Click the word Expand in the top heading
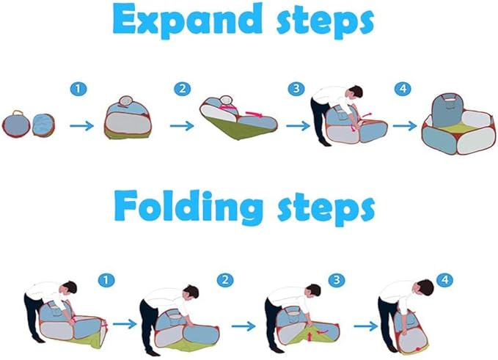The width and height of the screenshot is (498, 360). [x=187, y=20]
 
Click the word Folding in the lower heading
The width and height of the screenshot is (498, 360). [x=188, y=206]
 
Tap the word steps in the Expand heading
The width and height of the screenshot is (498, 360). [x=325, y=22]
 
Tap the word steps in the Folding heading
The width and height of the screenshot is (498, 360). [x=326, y=209]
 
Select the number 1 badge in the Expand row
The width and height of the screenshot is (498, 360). [x=78, y=89]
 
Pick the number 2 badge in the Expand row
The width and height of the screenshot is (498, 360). [x=183, y=89]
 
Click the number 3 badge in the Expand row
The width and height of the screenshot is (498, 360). [x=296, y=89]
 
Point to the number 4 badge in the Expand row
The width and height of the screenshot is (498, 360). [x=403, y=88]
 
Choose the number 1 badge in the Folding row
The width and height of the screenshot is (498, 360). [x=106, y=280]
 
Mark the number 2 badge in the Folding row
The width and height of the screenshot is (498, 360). [x=225, y=280]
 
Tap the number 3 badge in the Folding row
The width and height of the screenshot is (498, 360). [x=337, y=280]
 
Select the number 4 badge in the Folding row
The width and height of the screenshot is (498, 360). [x=445, y=280]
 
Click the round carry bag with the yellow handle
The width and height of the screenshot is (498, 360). [x=16, y=124]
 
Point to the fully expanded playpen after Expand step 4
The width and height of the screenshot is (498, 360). [x=458, y=125]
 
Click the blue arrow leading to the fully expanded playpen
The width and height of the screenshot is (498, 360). [x=405, y=125]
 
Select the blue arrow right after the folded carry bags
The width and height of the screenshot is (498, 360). [x=81, y=125]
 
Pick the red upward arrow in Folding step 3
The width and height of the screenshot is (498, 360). [x=309, y=335]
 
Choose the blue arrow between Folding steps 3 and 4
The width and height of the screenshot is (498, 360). [x=366, y=326]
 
